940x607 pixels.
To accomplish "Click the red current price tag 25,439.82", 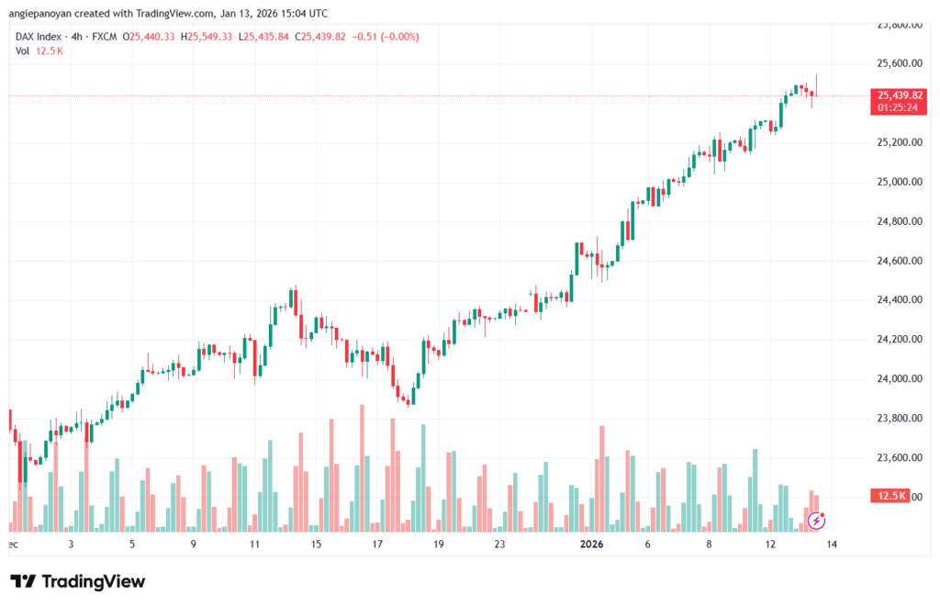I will pos(900,95).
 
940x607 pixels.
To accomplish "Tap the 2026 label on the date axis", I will pos(592,544).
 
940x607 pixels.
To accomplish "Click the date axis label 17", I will pos(376,544).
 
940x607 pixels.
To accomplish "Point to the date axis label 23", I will pos(499,544).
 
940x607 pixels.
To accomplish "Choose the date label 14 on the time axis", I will pos(832,544).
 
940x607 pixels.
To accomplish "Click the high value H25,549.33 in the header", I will pos(207,36).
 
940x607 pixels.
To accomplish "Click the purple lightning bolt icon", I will pos(816,521).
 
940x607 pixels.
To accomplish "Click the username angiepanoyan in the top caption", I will pos(47,14).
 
